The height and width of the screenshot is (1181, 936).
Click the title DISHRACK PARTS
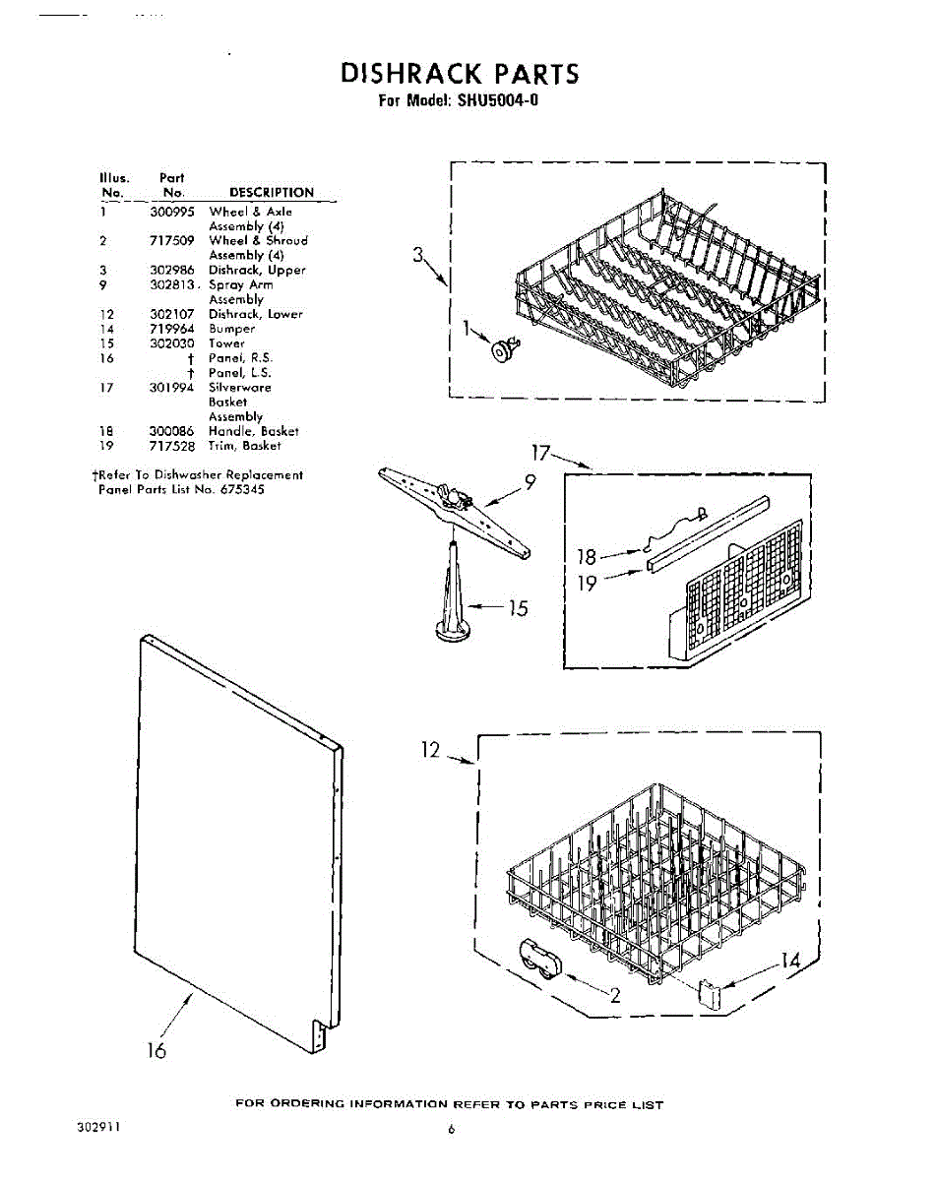(460, 75)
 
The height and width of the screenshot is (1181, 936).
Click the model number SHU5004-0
(498, 100)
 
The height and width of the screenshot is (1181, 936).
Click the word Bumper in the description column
(231, 329)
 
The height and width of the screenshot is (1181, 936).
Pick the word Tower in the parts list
(226, 343)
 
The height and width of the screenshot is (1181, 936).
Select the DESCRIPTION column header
(271, 193)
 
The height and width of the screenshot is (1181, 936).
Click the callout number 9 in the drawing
(530, 482)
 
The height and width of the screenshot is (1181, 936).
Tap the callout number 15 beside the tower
(517, 609)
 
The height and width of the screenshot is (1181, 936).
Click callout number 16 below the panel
(156, 1050)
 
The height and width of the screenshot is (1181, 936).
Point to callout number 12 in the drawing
(431, 750)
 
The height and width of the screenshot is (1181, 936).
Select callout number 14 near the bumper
(790, 961)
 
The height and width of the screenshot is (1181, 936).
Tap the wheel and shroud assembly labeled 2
(538, 960)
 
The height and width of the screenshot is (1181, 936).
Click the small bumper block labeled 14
(708, 992)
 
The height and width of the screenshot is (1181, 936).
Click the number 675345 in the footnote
(243, 489)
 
